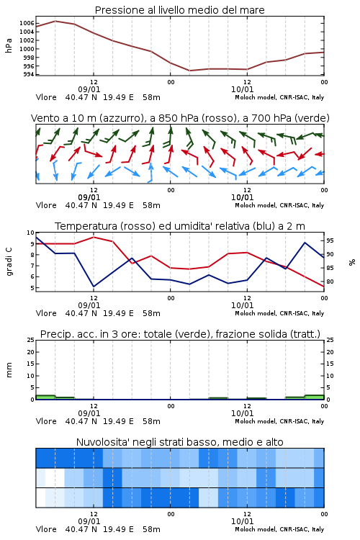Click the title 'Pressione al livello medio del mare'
tap(179, 10)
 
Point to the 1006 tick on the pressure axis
tap(27, 23)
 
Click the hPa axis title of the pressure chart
tap(9, 45)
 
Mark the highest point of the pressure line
tap(55, 21)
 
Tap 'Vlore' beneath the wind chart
tap(46, 205)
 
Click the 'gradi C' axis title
tap(9, 262)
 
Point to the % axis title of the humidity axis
tap(352, 262)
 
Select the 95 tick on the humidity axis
tap(330, 240)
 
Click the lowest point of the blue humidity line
tap(94, 287)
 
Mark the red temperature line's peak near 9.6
tap(94, 237)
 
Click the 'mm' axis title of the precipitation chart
tap(9, 370)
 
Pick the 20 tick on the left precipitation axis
tap(31, 352)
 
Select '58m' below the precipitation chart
tap(151, 421)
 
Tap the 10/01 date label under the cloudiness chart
tap(242, 521)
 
